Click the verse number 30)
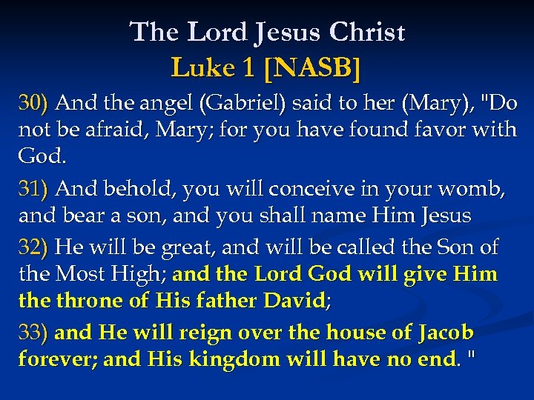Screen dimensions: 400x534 pos(33,102)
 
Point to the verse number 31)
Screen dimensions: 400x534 pos(33,189)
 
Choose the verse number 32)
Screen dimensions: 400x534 pos(33,246)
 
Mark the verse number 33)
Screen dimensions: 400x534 pos(33,333)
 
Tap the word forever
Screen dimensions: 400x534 pos(56,360)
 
